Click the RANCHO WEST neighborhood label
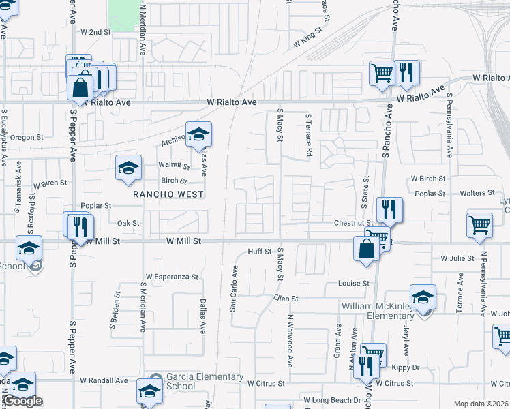(168, 194)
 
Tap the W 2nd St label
(95, 32)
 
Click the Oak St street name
(128, 223)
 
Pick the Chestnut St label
(353, 223)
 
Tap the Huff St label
(260, 252)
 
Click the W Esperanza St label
(171, 277)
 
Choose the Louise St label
(353, 283)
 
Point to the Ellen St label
(286, 299)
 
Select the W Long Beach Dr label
(333, 399)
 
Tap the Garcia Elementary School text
(195, 381)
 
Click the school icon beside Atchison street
(199, 135)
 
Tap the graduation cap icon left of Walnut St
(128, 169)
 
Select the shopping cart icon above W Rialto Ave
(382, 73)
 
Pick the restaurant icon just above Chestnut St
(389, 209)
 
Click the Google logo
(22, 401)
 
